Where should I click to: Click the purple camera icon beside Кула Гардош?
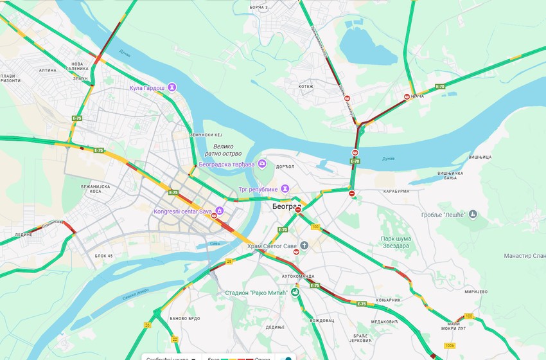tap(172, 87)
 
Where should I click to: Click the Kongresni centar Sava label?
tap(183, 211)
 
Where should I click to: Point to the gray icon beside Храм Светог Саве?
tap(304, 246)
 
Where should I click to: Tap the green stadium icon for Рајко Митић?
tap(295, 292)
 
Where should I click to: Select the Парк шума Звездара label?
tap(387, 242)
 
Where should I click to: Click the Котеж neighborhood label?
tap(306, 86)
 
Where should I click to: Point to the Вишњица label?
tap(480, 157)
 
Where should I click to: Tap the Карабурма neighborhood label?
tap(396, 191)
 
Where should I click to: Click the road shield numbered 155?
tap(315, 226)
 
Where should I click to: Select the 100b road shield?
tap(449, 346)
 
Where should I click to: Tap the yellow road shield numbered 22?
tap(175, 339)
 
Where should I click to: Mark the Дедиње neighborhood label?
tap(275, 327)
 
